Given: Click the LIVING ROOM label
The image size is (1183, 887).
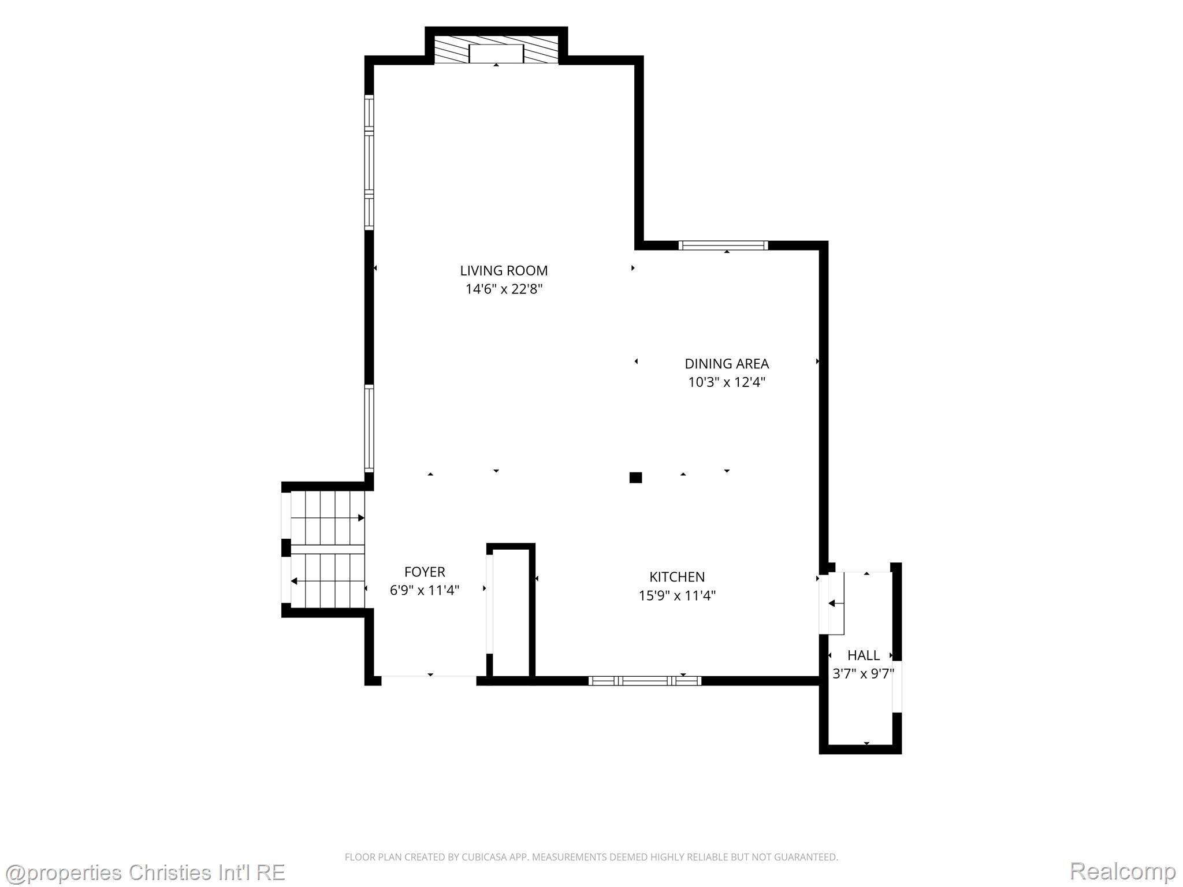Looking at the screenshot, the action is point(504,270).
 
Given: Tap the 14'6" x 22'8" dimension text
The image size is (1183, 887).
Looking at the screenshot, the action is point(504,289).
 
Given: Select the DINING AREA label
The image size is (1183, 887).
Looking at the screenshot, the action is point(727,364).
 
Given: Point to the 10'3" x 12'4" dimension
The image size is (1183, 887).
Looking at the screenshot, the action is point(727,382).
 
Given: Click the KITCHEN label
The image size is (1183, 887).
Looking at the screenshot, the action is point(677,577).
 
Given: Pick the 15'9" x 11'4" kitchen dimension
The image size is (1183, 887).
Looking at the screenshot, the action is point(677,595).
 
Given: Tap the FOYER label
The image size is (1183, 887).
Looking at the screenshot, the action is point(425,572).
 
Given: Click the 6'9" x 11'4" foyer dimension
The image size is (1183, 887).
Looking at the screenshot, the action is point(425,590).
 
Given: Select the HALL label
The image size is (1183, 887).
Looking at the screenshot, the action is point(864,655).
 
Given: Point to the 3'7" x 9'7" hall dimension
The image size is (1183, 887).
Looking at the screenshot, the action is point(863,673).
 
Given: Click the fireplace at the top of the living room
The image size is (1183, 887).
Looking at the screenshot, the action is point(496,50).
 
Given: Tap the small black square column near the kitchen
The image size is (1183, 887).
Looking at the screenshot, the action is point(635,478).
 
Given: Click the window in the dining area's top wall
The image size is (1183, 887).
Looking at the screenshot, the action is point(723,245).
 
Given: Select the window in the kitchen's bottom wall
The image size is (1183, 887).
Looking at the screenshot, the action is point(645,681).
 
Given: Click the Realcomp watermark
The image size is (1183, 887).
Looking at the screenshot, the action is point(1122,871).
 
